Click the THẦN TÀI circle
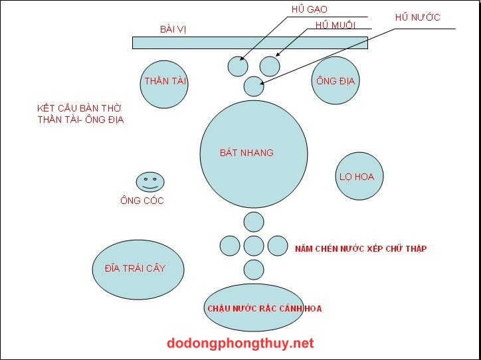[165, 82]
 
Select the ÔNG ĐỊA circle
[335, 81]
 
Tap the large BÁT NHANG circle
[254, 153]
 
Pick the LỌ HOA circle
[359, 177]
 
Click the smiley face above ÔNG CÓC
[150, 181]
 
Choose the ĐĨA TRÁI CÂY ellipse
[137, 268]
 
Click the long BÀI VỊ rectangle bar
[250, 43]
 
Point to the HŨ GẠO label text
[309, 9]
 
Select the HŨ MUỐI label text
[336, 25]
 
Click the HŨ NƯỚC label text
[417, 17]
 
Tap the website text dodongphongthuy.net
[241, 343]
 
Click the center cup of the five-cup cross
[254, 246]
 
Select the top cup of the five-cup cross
[254, 221]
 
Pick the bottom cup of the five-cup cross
[254, 270]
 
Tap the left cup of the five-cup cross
[230, 246]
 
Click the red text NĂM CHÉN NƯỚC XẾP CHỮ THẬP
[361, 249]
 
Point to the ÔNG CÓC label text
[142, 201]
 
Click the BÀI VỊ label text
[173, 29]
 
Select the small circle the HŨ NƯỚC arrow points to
[254, 86]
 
